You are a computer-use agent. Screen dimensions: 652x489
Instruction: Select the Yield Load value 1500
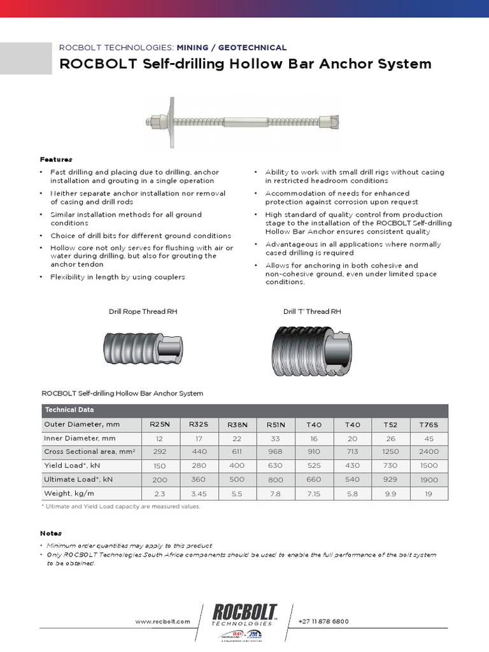(430, 465)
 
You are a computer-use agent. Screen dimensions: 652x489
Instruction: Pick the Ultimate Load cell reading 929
(391, 479)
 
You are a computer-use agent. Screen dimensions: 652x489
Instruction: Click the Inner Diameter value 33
(275, 438)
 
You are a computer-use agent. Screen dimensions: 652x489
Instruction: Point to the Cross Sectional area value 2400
(430, 451)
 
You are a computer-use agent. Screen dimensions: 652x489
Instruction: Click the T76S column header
(430, 424)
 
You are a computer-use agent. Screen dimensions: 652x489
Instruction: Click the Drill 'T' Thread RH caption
(312, 311)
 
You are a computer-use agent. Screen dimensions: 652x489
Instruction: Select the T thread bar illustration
(313, 351)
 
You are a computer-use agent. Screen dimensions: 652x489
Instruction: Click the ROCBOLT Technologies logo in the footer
(244, 617)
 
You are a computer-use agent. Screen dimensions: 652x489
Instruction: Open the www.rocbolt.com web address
(162, 621)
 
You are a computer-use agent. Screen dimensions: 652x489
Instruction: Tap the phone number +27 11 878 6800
(323, 621)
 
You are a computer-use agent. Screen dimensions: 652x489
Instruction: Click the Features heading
(56, 159)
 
